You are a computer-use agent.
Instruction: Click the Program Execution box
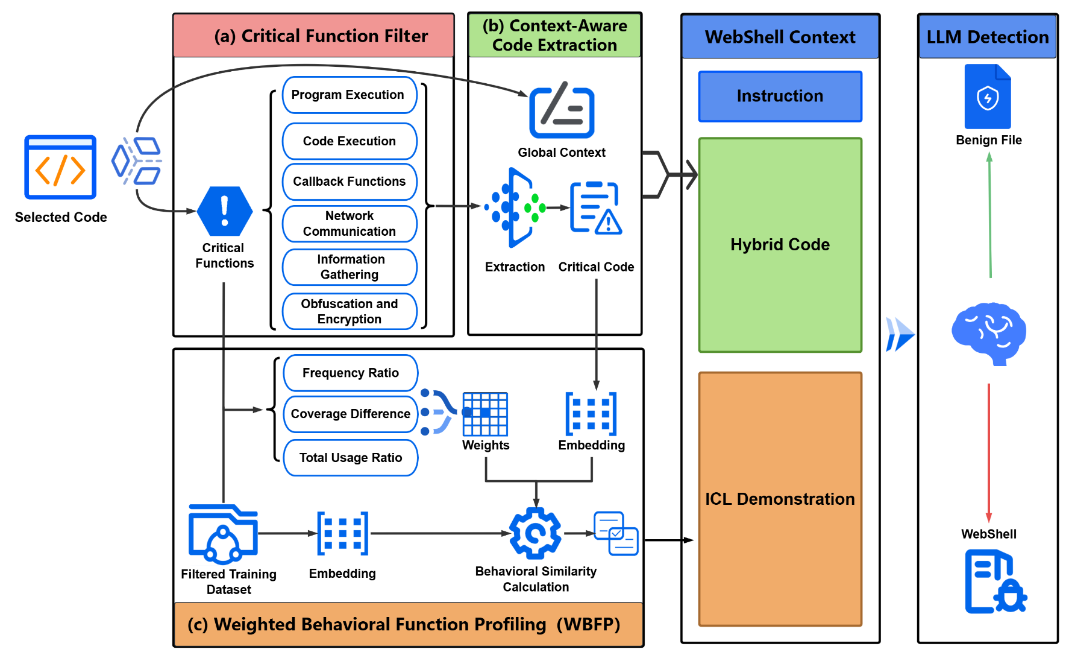(x=350, y=95)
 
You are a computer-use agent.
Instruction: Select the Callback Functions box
(x=350, y=182)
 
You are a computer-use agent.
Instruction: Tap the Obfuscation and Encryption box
(x=350, y=311)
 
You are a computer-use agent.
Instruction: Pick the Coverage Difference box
(x=350, y=414)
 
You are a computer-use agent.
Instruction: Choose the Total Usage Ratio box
(x=350, y=458)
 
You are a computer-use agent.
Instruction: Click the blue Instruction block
(x=780, y=97)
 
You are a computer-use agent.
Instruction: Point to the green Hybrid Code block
(x=780, y=245)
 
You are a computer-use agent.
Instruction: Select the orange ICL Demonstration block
(x=780, y=499)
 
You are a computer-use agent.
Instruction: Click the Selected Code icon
(x=60, y=167)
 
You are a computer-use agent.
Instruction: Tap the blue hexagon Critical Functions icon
(x=224, y=211)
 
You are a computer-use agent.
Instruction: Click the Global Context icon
(x=562, y=112)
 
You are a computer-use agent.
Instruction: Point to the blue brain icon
(x=988, y=334)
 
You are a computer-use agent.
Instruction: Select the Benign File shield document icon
(x=988, y=97)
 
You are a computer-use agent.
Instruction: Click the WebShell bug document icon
(x=994, y=581)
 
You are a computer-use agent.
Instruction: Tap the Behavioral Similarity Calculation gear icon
(x=535, y=533)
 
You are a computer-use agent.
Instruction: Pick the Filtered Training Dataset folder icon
(x=224, y=533)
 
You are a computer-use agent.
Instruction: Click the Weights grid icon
(x=485, y=414)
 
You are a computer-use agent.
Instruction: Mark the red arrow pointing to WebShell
(x=988, y=452)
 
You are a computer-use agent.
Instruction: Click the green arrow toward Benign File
(x=989, y=215)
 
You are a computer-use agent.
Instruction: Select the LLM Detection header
(x=987, y=37)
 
